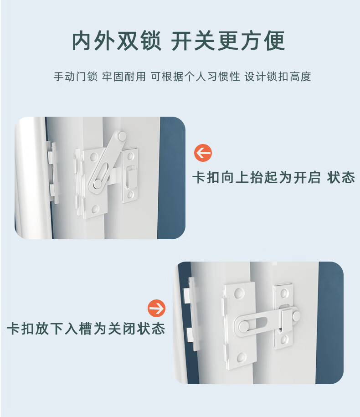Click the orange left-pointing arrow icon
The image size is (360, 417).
coord(203,153)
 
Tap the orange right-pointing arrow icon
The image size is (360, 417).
coord(157,308)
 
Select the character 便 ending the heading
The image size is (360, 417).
coord(274,41)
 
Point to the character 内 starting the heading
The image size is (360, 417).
coord(83,41)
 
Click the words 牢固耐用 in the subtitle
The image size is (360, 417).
coord(124,77)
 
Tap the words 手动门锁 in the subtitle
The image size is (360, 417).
coord(76,77)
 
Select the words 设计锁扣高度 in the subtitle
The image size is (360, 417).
coord(278,77)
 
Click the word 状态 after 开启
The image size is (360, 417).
coord(341,177)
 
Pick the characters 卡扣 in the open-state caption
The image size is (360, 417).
coord(206,177)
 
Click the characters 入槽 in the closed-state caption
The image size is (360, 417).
coord(78,329)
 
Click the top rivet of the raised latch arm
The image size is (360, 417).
coord(122,136)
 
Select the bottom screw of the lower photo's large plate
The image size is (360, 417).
coord(242,357)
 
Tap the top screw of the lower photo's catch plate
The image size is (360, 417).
coord(284,293)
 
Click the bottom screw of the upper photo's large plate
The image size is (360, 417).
coord(95,209)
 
